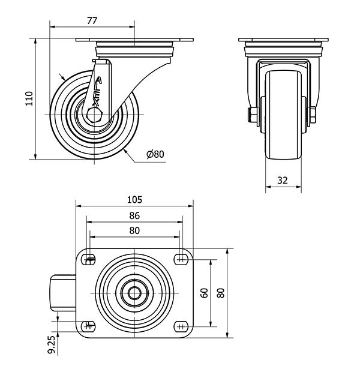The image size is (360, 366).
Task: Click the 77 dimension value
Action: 92,21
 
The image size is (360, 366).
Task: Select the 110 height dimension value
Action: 29,99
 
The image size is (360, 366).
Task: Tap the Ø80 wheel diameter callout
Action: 155,154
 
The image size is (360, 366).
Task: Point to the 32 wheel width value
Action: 283,181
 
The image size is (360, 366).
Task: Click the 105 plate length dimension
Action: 134,200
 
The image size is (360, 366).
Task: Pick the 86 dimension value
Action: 134,215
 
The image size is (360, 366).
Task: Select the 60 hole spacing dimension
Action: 205,293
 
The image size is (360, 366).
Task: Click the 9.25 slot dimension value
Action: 53,345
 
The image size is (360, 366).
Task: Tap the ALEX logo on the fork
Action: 97,92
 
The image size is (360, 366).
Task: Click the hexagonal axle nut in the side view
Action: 94,115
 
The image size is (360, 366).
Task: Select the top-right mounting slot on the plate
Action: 181,259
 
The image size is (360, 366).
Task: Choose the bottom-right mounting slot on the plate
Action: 181,326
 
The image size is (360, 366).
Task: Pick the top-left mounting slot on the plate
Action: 89,259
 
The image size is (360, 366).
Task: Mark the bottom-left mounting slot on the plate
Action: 89,326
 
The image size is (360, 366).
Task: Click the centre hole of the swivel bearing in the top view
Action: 135,293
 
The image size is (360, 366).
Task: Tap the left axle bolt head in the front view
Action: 253,115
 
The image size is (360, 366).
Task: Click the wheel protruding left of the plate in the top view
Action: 63,293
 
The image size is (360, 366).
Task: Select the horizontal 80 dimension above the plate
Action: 134,230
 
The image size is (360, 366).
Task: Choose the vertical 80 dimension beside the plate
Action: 221,293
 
